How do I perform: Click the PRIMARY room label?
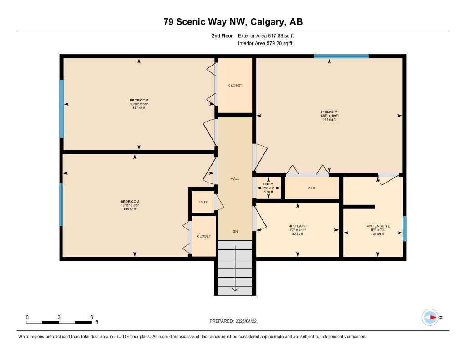(329, 112)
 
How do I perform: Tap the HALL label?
(235, 179)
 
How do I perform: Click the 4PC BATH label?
(298, 226)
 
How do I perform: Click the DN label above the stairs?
(235, 232)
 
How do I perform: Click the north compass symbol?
(430, 317)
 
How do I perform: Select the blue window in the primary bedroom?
(341, 56)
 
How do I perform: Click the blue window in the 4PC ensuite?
(405, 228)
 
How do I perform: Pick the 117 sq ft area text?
(139, 108)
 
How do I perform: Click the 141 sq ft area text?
(329, 119)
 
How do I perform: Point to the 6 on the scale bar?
(91, 317)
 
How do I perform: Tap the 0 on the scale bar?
(27, 317)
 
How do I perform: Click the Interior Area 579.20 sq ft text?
(265, 44)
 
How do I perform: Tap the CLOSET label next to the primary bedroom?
(235, 86)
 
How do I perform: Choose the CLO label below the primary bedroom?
(312, 188)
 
